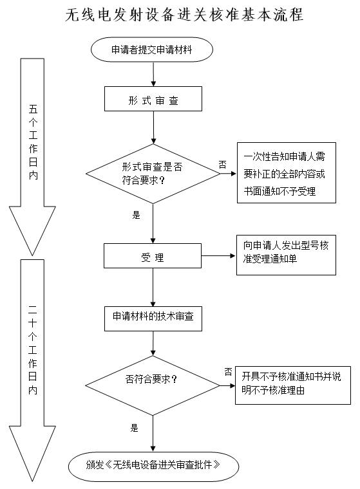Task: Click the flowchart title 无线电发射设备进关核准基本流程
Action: pyautogui.click(x=184, y=14)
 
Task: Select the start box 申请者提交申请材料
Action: pyautogui.click(x=153, y=49)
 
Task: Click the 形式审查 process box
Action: pyautogui.click(x=153, y=99)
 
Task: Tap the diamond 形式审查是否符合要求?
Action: pyautogui.click(x=153, y=173)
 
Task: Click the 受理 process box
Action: pyautogui.click(x=153, y=258)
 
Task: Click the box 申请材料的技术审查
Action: pyautogui.click(x=153, y=316)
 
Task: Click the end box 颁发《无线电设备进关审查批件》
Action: pyautogui.click(x=153, y=464)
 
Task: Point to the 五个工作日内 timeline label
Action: pyautogui.click(x=33, y=145)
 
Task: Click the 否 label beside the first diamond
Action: pyautogui.click(x=222, y=165)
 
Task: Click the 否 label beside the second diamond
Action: pyautogui.click(x=228, y=371)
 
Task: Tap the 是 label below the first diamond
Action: pyautogui.click(x=136, y=216)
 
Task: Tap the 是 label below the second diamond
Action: pyautogui.click(x=135, y=427)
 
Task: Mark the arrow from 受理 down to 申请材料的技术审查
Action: pyautogui.click(x=153, y=287)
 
